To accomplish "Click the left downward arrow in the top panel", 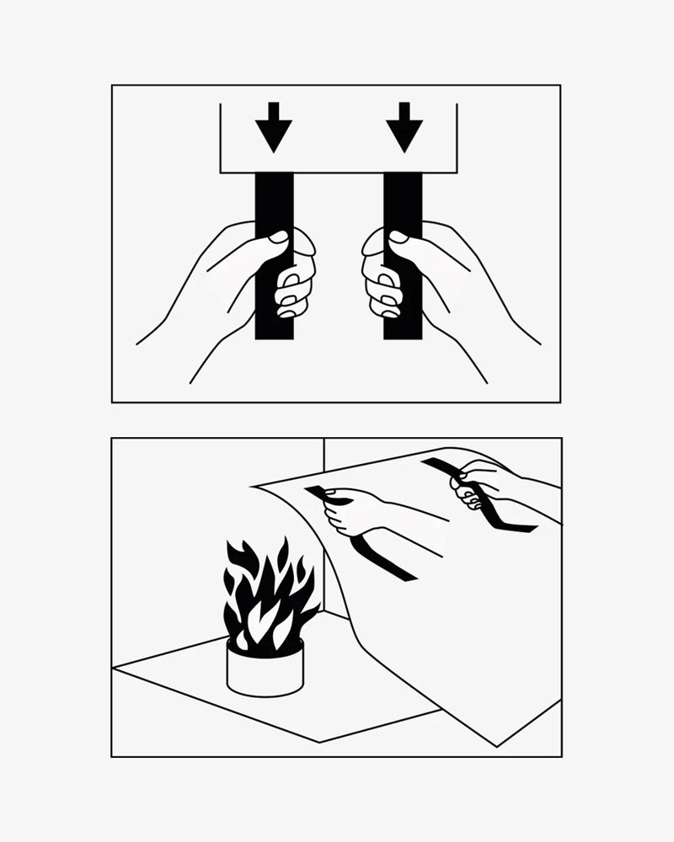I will click(274, 128).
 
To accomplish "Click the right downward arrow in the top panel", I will click(404, 128).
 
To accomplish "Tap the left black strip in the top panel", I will click(274, 202).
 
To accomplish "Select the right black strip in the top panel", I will click(403, 202).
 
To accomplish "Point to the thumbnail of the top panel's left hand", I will click(277, 237).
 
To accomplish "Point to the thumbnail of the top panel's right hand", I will click(399, 237).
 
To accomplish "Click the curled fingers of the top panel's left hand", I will click(295, 286).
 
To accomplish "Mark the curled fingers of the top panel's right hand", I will click(380, 286).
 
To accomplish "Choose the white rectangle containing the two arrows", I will click(337, 139).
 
